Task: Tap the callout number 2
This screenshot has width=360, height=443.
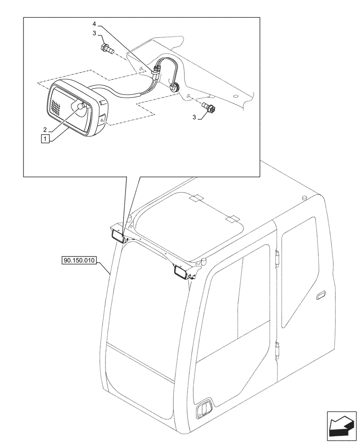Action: click(45, 130)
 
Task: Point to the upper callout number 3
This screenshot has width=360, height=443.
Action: click(94, 33)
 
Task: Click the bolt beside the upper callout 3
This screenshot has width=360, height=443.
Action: click(107, 48)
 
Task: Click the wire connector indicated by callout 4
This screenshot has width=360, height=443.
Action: click(155, 72)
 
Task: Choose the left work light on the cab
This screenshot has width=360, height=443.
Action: click(118, 236)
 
